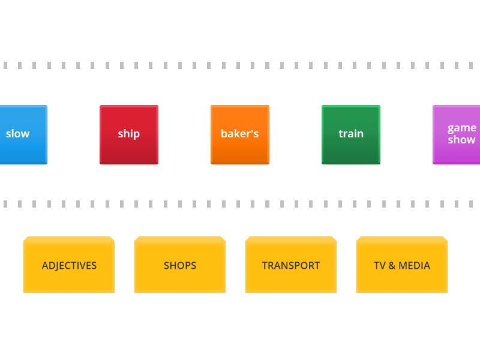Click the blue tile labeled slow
(23, 134)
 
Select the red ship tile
(129, 134)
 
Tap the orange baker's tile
(240, 134)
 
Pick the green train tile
(351, 134)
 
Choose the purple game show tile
(456, 134)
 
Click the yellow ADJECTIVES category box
(69, 265)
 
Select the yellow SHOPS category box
(180, 265)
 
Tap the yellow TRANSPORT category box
(291, 265)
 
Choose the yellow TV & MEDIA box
(402, 265)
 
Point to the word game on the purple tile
(462, 128)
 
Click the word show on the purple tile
(461, 140)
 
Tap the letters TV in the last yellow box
(380, 265)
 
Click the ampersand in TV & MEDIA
(392, 265)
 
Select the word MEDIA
(414, 265)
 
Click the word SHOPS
(180, 265)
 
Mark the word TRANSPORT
(291, 265)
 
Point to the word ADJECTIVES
(69, 265)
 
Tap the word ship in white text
(129, 134)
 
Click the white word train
(351, 134)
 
